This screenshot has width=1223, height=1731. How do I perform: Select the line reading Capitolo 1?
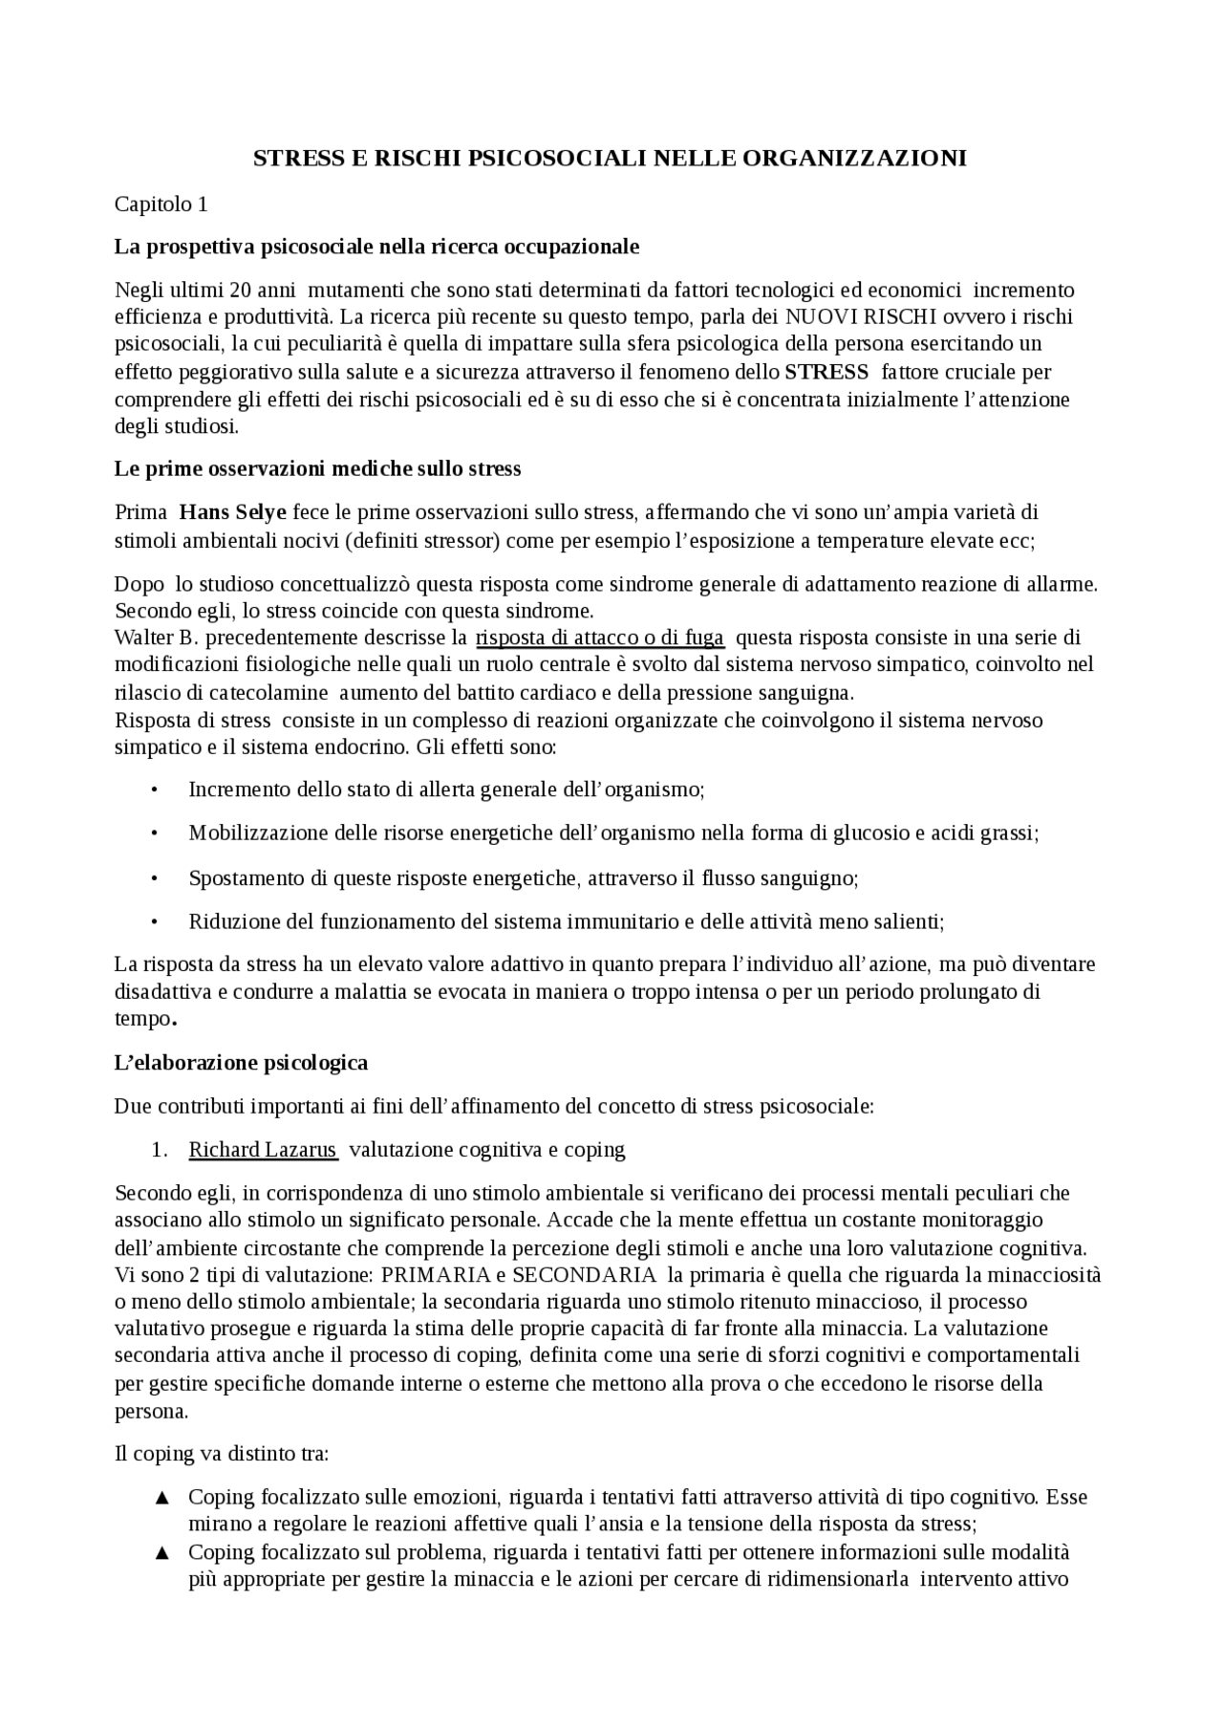[161, 204]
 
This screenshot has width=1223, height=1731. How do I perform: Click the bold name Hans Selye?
[233, 512]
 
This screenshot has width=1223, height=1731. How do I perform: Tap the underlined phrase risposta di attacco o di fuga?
[600, 638]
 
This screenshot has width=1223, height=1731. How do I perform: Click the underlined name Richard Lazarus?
[263, 1150]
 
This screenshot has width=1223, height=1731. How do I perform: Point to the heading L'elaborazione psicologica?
[241, 1062]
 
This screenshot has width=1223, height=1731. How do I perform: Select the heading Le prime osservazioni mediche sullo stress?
[317, 469]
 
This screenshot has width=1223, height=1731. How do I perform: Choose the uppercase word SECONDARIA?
[584, 1275]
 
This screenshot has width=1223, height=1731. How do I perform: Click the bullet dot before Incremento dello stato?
[154, 790]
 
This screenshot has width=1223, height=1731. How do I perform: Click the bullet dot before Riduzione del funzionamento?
[154, 922]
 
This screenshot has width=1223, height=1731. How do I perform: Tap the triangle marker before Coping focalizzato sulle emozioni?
[161, 1498]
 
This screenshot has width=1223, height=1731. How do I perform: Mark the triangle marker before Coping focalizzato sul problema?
[161, 1552]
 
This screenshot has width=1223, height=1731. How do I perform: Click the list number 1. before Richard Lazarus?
[161, 1150]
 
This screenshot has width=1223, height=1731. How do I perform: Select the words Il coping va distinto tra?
[222, 1454]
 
